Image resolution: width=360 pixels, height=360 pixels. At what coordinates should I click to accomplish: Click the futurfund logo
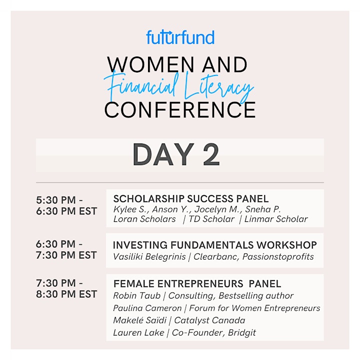click(x=180, y=37)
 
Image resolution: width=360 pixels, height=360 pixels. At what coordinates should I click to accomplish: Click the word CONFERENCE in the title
click(x=180, y=110)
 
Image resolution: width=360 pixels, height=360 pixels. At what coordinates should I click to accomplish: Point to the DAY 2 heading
click(x=176, y=154)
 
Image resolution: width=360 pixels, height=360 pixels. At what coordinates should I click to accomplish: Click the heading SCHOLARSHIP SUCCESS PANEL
click(x=191, y=199)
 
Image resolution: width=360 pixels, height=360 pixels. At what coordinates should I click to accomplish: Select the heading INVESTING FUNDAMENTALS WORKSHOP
click(x=215, y=245)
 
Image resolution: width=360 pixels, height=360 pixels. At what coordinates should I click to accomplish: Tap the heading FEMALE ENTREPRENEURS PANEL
click(x=197, y=284)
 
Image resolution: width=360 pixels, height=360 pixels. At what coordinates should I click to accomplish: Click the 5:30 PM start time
click(x=56, y=200)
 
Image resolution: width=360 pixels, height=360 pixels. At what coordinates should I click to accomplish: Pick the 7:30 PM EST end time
click(x=66, y=255)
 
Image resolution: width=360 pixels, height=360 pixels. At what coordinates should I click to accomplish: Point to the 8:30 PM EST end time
click(x=66, y=294)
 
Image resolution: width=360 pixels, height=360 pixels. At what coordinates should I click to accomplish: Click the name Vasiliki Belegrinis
click(x=149, y=256)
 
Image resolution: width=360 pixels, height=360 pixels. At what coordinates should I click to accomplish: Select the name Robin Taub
click(x=137, y=295)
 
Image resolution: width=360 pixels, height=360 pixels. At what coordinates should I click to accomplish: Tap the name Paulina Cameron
click(x=147, y=308)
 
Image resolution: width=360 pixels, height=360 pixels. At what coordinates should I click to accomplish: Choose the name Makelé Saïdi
click(x=140, y=320)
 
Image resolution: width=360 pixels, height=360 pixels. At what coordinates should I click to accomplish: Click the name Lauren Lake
click(x=138, y=332)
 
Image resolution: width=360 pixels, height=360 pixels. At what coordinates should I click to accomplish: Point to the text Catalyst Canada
click(x=209, y=320)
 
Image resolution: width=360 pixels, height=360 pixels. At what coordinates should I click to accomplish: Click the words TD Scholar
click(x=211, y=219)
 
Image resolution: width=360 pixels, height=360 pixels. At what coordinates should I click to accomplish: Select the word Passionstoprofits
click(x=278, y=256)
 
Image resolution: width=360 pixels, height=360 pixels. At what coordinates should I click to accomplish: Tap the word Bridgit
click(x=242, y=333)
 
